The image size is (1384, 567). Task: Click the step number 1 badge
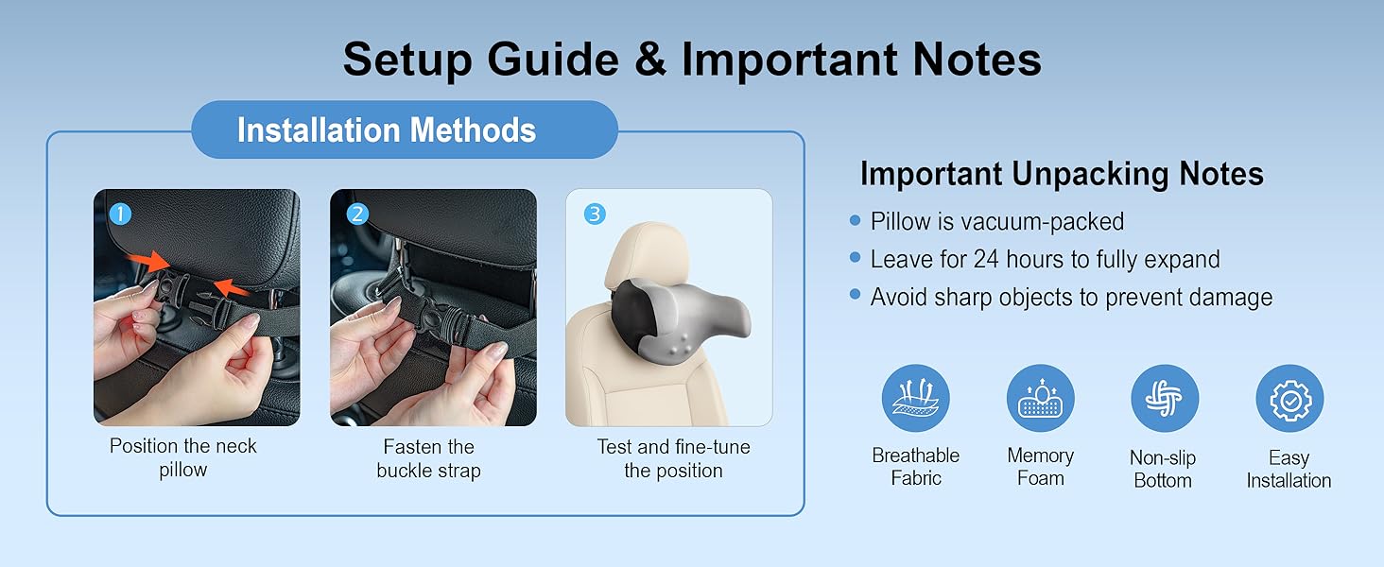(120, 215)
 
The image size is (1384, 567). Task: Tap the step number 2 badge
(357, 215)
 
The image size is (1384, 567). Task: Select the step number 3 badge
(595, 215)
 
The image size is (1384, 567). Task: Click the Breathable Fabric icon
(916, 399)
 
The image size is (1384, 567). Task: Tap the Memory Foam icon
(1041, 399)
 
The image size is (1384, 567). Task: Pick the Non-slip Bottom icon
(1165, 399)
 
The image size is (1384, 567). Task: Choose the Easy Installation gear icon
(1290, 399)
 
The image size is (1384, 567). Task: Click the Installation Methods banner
(405, 129)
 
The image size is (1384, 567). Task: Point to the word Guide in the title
(553, 60)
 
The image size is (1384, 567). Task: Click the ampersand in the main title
(650, 60)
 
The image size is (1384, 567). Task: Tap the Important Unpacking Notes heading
(1062, 174)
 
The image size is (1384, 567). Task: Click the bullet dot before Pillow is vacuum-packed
(856, 220)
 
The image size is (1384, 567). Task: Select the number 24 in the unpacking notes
(986, 260)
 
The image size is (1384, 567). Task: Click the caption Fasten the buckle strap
(429, 458)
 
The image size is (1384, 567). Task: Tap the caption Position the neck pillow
(182, 457)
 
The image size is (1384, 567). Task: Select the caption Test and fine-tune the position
(673, 458)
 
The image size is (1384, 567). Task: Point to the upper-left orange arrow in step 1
(147, 261)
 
